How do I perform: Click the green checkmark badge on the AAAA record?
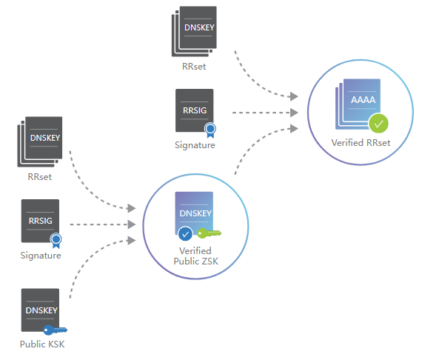(378, 124)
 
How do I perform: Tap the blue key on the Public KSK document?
(56, 330)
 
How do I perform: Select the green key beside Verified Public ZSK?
(209, 233)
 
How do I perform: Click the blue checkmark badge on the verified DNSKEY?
(185, 234)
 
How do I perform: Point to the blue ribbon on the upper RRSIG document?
(210, 130)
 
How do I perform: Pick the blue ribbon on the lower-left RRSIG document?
(56, 241)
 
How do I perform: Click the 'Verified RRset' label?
(361, 143)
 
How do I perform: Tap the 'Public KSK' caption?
(42, 344)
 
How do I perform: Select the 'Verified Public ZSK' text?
(195, 256)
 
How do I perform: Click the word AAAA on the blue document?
(363, 100)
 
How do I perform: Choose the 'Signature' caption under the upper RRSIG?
(195, 145)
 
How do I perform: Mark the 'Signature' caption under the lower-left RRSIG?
(41, 256)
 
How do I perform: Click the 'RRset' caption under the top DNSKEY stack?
(194, 67)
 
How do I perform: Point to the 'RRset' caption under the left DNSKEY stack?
(40, 177)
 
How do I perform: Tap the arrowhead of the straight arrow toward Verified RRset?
(294, 113)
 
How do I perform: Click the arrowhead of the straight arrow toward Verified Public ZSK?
(132, 224)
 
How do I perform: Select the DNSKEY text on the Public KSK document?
(41, 310)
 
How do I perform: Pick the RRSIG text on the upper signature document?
(195, 110)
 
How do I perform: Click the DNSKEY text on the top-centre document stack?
(199, 27)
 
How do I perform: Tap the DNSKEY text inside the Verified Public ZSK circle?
(195, 213)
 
